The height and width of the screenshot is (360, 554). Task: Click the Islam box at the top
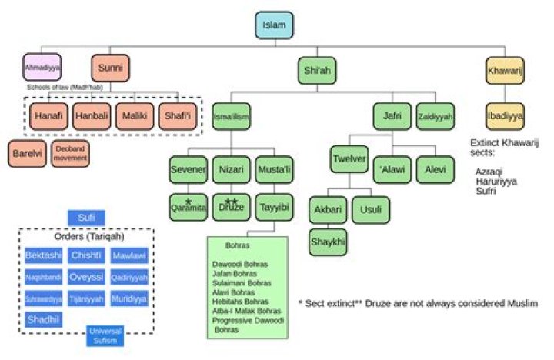pos(275,25)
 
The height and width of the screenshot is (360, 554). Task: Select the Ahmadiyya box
pos(42,68)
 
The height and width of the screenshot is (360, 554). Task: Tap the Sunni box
pos(110,68)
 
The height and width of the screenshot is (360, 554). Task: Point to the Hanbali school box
pos(92,117)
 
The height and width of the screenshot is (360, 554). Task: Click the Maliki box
pos(135,117)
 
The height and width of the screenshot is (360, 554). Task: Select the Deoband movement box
pos(71,152)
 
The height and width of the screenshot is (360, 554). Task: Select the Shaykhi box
pos(329,242)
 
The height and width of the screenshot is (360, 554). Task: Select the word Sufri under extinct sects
pos(486,191)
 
